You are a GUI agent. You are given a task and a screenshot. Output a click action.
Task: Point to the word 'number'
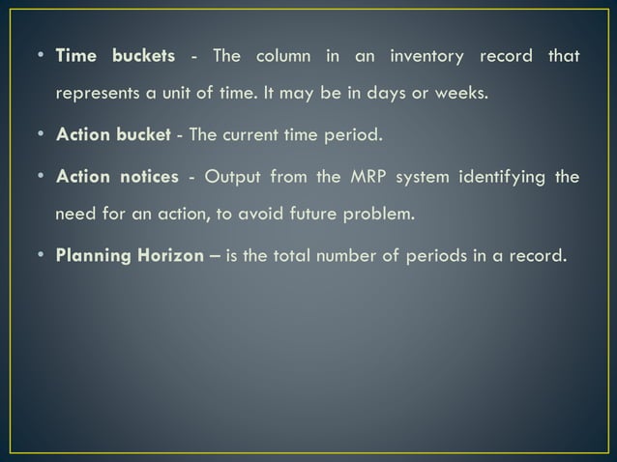pyautogui.click(x=388, y=255)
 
